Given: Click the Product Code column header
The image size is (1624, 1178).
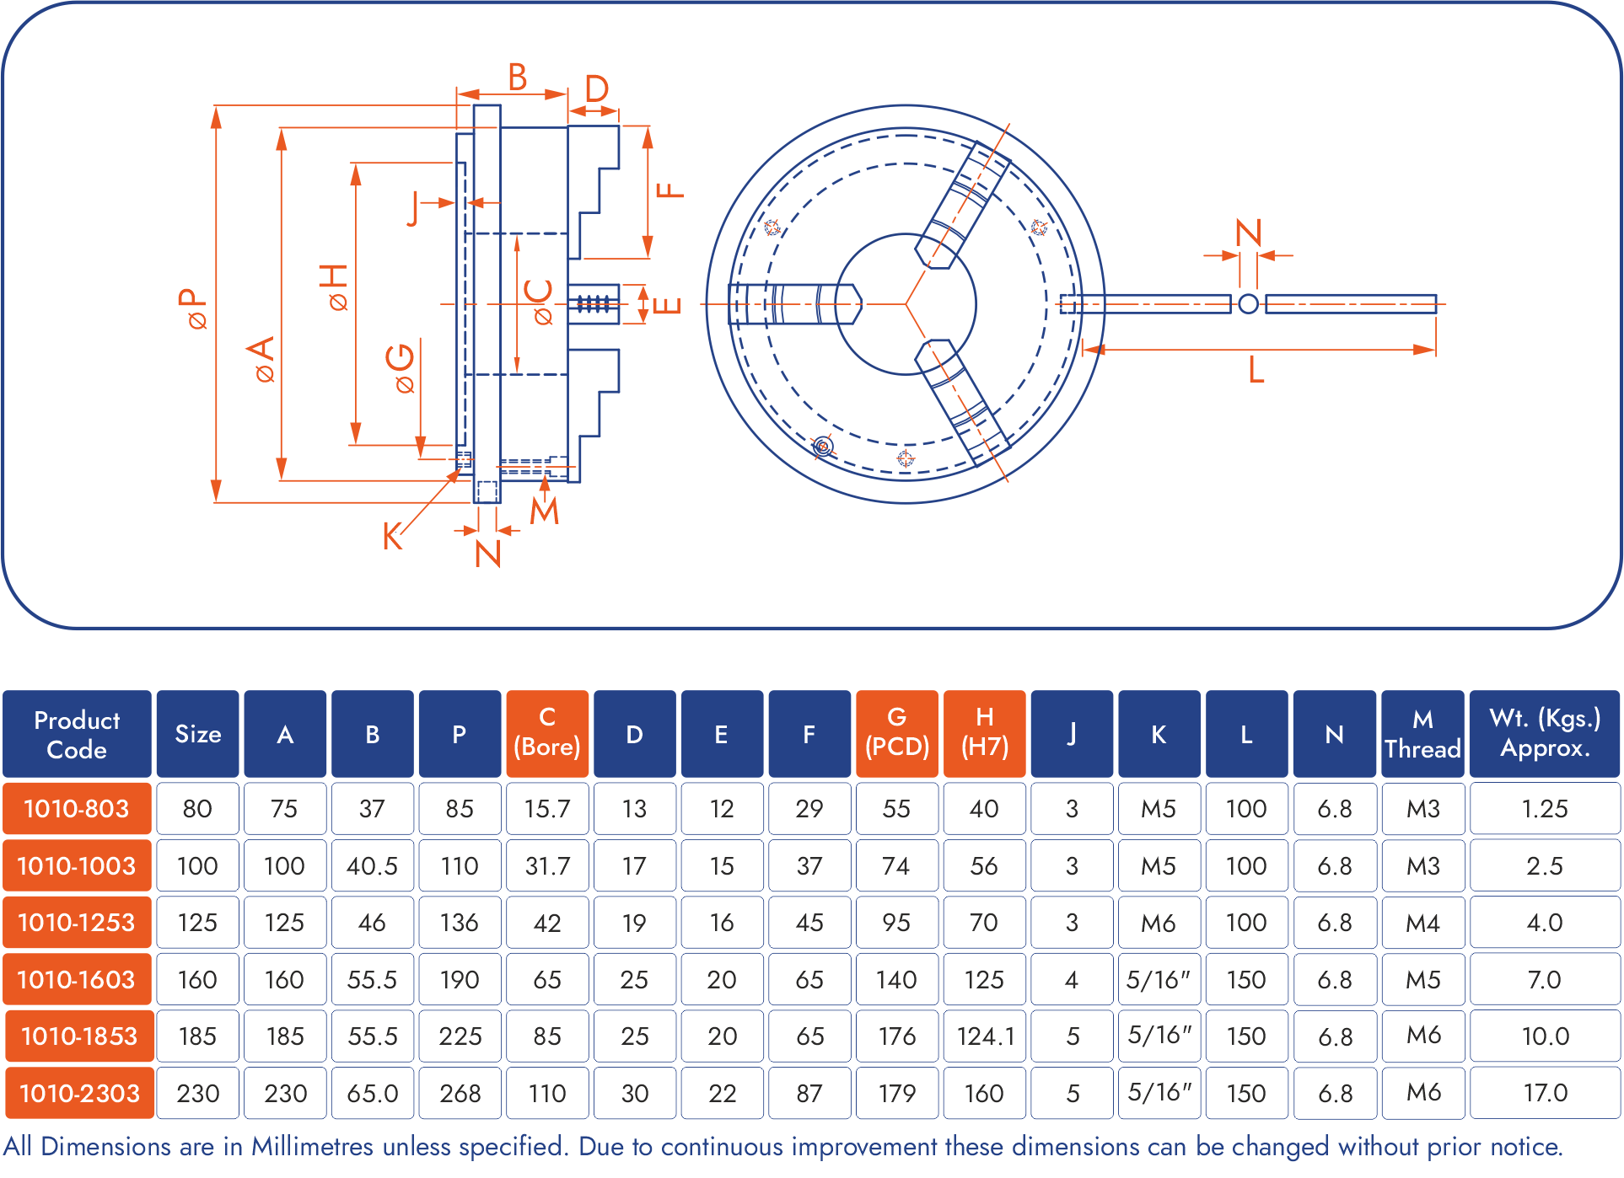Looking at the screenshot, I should [x=77, y=734].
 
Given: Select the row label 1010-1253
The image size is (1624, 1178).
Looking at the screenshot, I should [x=77, y=923].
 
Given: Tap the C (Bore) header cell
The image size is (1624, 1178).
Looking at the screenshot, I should [x=547, y=733].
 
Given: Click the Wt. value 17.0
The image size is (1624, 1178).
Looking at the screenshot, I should [x=1545, y=1093].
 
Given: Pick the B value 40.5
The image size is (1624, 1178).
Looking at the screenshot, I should [x=372, y=866].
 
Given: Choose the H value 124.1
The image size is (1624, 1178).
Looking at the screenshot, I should [x=985, y=1036].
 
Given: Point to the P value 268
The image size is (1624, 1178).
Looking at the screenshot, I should [x=460, y=1093].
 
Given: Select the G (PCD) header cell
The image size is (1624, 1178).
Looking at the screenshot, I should [x=896, y=733].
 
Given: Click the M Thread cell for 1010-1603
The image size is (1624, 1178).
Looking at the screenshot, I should [x=1422, y=979].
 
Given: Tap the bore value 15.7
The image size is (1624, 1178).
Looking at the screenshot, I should [x=547, y=809].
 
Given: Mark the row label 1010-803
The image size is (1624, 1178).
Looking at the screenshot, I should [x=77, y=809].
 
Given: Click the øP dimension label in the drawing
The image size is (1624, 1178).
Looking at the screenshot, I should [x=193, y=308].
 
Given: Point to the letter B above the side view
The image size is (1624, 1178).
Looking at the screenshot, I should [x=518, y=78].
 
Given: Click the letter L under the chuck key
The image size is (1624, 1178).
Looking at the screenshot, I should [x=1256, y=370].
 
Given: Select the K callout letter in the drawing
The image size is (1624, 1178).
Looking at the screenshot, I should [x=392, y=537].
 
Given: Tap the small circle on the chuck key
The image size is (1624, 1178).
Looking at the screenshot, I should [x=1249, y=304].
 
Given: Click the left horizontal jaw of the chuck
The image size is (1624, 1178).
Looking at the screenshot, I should [x=793, y=304].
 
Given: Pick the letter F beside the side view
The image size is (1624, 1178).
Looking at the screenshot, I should [x=671, y=190].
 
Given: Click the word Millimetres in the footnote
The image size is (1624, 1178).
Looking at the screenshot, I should [x=312, y=1147].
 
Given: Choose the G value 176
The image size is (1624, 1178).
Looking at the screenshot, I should [x=896, y=1036].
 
